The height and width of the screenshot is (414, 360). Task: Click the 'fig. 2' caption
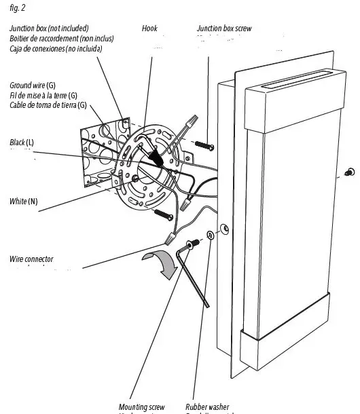click(x=15, y=7)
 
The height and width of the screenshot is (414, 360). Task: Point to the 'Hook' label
click(x=149, y=29)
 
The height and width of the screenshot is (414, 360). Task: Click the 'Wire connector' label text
click(x=31, y=259)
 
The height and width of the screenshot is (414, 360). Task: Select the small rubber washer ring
click(x=209, y=234)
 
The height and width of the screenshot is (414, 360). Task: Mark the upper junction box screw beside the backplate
click(x=204, y=145)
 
